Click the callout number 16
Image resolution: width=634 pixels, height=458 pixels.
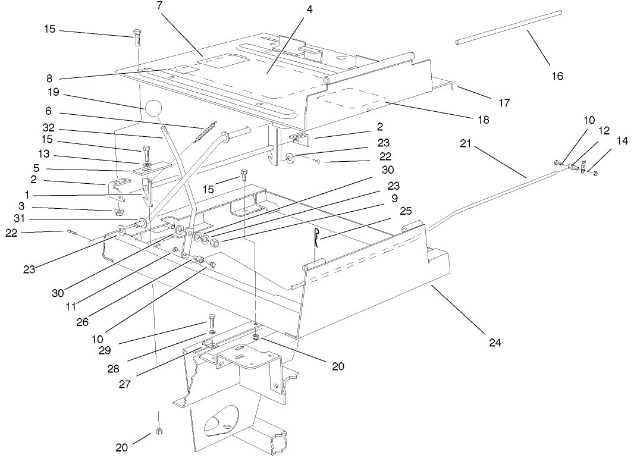pos(556,76)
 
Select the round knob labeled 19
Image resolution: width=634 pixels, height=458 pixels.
pos(153,109)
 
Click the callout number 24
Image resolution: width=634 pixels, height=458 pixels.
pos(495,343)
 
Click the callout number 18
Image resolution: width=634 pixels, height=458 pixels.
pos(483,120)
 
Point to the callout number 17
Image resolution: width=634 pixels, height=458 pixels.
pos(504,102)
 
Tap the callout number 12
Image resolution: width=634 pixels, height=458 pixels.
pos(605,130)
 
